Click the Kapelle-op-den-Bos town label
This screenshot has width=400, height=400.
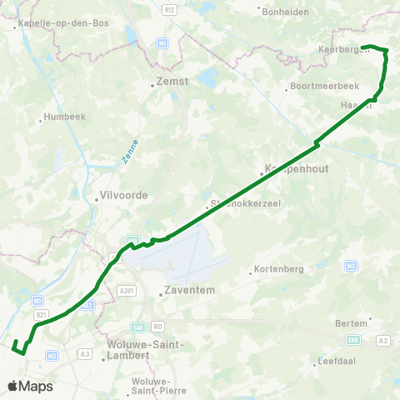tap(51, 24)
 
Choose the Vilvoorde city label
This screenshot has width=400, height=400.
tap(123, 195)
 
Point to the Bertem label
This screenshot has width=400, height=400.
tap(353, 322)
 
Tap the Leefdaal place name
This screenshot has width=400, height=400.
tap(338, 362)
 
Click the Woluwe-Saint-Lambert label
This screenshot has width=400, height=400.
tap(138, 349)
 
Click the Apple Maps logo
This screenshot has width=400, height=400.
tap(30, 386)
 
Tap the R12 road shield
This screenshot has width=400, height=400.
tap(171, 8)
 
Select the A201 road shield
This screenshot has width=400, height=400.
tap(126, 290)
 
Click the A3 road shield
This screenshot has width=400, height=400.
tap(84, 354)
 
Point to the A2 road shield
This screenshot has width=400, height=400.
tap(383, 341)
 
